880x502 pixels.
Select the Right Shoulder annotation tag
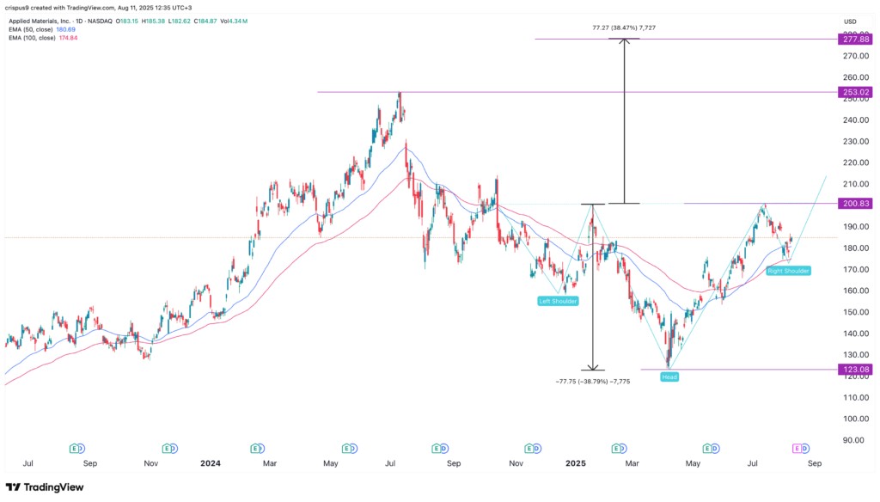click(x=788, y=270)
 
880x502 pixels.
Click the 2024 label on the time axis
click(x=210, y=462)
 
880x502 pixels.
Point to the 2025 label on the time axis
click(x=577, y=462)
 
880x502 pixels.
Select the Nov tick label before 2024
click(x=150, y=462)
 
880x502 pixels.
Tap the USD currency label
click(x=851, y=21)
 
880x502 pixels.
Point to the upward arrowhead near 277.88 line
click(x=625, y=42)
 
